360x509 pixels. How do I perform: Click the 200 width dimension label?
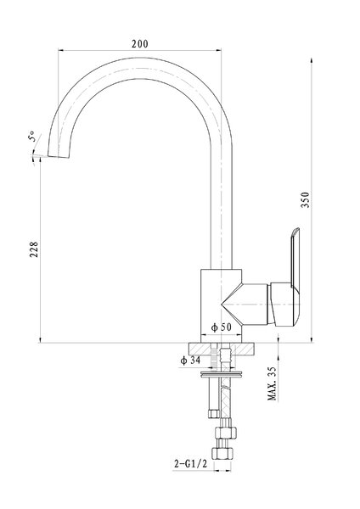click(140, 43)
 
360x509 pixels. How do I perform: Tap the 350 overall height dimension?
click(306, 200)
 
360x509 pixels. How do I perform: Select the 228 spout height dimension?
click(34, 249)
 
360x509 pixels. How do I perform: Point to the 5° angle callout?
click(32, 136)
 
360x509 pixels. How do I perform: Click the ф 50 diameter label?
click(222, 327)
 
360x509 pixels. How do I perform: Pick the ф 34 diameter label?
click(190, 360)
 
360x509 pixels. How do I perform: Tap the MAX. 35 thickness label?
click(272, 383)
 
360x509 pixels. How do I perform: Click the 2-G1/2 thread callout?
click(190, 464)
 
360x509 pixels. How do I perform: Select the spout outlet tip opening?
click(59, 156)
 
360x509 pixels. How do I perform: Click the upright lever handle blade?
click(295, 256)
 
